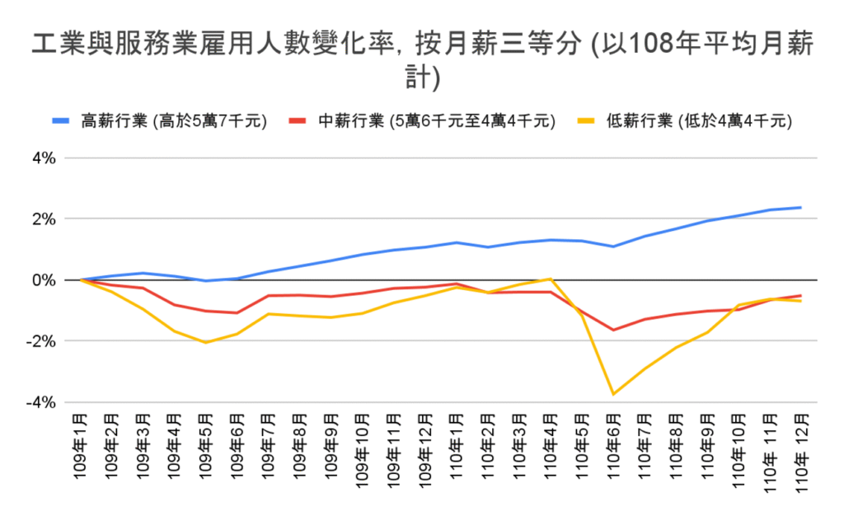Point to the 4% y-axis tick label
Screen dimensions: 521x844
point(44,157)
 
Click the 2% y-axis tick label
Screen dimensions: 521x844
point(44,219)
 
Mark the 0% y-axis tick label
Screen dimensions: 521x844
point(44,280)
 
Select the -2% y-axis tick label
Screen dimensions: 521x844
point(41,341)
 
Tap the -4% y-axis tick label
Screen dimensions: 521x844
point(41,402)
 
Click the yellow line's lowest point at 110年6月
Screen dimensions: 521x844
point(612,394)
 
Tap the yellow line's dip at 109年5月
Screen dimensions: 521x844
point(206,342)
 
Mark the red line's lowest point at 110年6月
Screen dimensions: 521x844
point(612,330)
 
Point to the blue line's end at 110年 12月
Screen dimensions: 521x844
point(799,208)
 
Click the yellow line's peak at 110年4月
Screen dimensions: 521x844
point(550,279)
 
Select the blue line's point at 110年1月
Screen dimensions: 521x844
point(456,242)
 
